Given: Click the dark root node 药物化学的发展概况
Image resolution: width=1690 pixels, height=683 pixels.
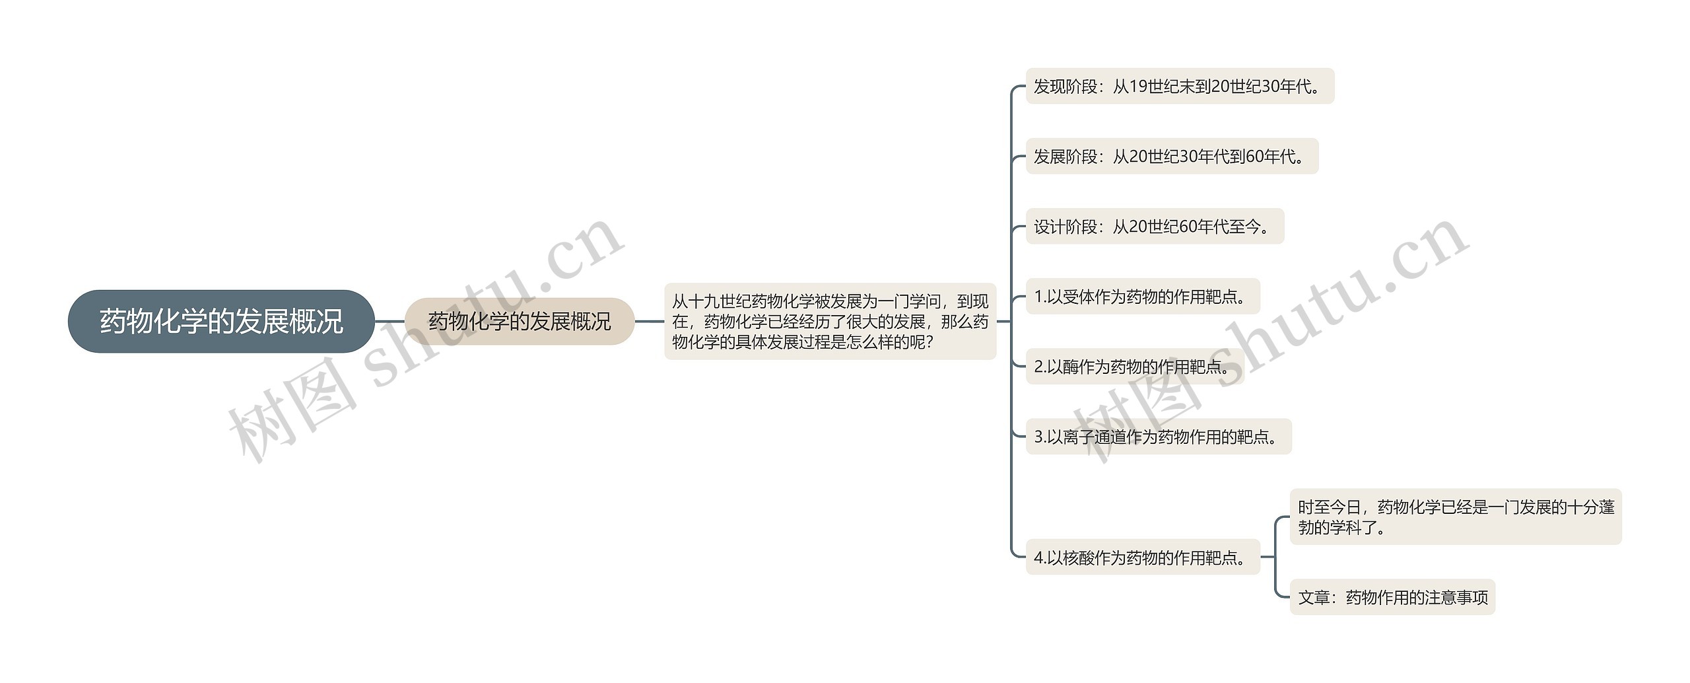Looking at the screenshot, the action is tap(221, 322).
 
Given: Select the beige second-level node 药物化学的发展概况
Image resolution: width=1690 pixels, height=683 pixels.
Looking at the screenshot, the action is tap(520, 322).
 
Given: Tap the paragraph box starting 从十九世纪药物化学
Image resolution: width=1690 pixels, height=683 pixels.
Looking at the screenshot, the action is tap(830, 322).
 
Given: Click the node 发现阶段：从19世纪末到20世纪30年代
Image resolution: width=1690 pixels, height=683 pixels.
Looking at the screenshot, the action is tap(1180, 87).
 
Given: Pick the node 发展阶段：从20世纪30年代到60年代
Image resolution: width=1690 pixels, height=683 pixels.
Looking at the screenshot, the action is tap(1172, 157).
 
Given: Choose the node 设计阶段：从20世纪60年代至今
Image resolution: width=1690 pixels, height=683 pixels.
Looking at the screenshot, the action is tap(1155, 227).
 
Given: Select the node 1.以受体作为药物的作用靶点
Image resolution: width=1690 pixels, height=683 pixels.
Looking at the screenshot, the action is tap(1143, 297).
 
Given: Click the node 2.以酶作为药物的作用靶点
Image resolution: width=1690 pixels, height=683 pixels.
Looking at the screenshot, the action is tap(1135, 367).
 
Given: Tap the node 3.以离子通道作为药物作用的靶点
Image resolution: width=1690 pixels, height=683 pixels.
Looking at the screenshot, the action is tap(1159, 437).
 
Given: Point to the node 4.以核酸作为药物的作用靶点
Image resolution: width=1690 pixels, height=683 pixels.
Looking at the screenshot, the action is tap(1143, 557).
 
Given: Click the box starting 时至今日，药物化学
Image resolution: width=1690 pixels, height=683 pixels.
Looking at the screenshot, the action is tap(1456, 517).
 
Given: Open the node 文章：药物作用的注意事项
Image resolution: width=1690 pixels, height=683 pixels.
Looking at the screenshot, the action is tap(1392, 598).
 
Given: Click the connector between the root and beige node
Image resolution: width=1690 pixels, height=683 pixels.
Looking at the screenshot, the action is tap(389, 322).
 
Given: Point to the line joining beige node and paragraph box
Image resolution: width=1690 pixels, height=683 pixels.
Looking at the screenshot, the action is tap(650, 322).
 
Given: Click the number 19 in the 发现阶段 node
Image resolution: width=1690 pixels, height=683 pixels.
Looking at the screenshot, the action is tap(1139, 87).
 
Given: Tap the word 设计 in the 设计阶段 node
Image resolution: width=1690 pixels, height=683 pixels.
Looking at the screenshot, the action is tap(1050, 227).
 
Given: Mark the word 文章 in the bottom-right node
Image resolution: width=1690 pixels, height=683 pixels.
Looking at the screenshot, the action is tap(1314, 598).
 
